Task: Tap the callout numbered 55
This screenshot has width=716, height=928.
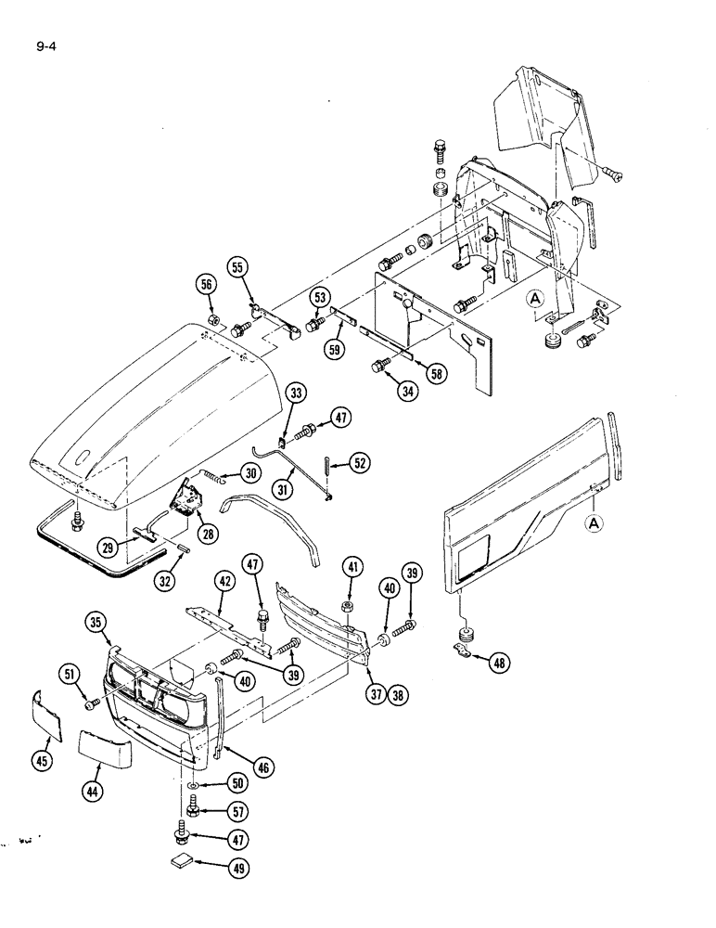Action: (x=238, y=267)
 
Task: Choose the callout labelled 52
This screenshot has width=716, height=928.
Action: (x=358, y=462)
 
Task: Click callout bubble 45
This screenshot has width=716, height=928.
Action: (x=43, y=761)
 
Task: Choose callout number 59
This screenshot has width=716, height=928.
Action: (x=336, y=351)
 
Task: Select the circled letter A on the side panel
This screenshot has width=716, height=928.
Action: (x=595, y=525)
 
